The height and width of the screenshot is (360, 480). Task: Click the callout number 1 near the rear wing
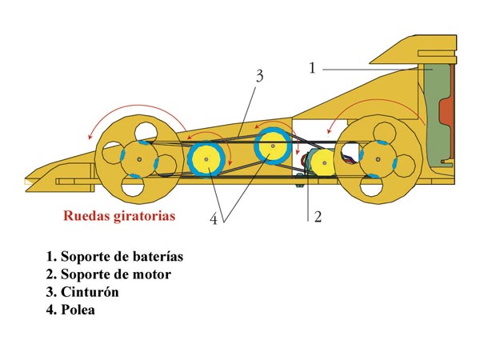(x=313, y=67)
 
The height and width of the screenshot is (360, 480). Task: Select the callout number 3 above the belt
(x=259, y=77)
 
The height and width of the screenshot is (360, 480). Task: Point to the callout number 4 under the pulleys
(x=214, y=218)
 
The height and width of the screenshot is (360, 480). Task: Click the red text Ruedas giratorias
(x=120, y=216)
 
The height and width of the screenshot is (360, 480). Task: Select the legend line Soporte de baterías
(x=114, y=257)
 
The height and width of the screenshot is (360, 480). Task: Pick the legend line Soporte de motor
(x=108, y=274)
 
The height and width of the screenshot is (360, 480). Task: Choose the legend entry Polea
(x=77, y=310)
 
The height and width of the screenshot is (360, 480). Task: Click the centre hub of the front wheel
(x=138, y=159)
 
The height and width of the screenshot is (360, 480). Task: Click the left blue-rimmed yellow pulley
(x=207, y=159)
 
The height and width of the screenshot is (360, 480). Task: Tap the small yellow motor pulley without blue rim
(x=323, y=164)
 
